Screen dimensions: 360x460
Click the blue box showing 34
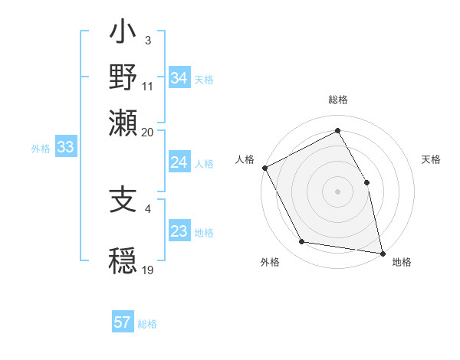click(179, 78)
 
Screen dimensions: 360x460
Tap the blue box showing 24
click(179, 162)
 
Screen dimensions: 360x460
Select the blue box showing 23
click(179, 231)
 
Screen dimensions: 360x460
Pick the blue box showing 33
click(65, 148)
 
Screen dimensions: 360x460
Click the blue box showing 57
click(123, 322)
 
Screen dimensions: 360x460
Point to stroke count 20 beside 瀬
click(148, 132)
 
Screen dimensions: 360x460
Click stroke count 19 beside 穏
click(148, 270)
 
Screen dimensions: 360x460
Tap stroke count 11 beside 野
click(148, 87)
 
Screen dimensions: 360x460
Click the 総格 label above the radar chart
click(337, 100)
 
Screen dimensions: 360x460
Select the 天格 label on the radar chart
click(432, 159)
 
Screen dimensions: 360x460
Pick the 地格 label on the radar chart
click(402, 262)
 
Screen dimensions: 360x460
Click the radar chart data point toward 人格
click(264, 168)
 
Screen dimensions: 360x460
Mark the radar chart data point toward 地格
click(382, 253)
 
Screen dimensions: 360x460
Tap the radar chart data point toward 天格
click(366, 182)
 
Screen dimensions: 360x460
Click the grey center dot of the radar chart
click(337, 191)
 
